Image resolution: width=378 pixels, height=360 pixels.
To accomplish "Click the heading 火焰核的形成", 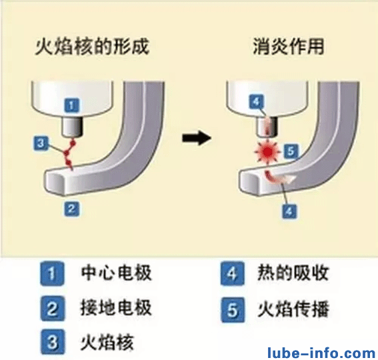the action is coord(92,47).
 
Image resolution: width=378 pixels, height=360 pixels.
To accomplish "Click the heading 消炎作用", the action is coord(289,47).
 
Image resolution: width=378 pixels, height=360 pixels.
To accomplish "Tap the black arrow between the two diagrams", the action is coord(197,138).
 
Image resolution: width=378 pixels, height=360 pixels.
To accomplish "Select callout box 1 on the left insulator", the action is coord(71,105).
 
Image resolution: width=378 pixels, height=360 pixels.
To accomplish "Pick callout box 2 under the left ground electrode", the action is coord(71,209).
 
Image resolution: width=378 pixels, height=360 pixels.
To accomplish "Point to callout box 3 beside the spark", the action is coord(41,143).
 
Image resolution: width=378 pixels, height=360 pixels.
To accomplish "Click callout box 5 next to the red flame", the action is coord(291,151).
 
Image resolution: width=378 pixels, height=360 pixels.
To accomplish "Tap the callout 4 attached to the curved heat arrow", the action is coord(289,211).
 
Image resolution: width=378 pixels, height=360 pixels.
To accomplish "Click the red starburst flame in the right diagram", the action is coord(268,152).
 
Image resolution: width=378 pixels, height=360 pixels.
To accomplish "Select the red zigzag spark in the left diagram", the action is coord(69,154).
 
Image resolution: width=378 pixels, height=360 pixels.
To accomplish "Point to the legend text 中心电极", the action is coord(116,273).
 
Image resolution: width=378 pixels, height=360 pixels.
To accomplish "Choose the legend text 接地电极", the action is coord(116,307).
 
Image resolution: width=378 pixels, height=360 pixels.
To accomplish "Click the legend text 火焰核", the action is coord(107,342).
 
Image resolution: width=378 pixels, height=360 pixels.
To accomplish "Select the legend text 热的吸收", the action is coord(293,273).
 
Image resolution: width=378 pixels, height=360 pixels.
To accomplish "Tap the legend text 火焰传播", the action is coord(293,309).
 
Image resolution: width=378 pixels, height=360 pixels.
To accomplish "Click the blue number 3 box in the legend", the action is coord(53,342).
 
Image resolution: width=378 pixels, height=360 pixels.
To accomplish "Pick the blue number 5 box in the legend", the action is coord(233,310).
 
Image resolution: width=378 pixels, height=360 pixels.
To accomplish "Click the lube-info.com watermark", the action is coord(321,353).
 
